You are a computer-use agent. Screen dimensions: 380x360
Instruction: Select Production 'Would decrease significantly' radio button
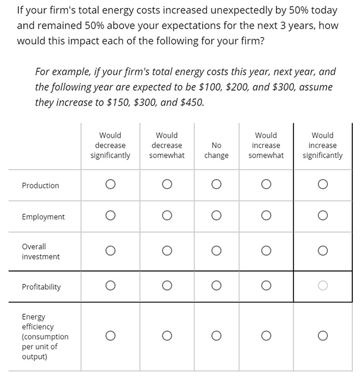[x=110, y=184]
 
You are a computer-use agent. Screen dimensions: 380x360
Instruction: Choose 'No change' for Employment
[x=216, y=216]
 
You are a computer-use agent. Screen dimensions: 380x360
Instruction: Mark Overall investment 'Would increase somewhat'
[x=266, y=251]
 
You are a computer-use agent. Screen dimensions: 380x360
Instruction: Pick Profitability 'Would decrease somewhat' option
[x=167, y=286]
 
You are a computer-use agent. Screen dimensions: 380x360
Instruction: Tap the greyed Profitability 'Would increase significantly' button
[x=323, y=286]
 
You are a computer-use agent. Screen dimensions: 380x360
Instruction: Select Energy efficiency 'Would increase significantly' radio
[x=323, y=336]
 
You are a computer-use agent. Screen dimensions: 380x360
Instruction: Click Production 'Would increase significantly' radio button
[x=323, y=184]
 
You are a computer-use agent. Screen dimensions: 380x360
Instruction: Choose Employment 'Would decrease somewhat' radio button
[x=167, y=216]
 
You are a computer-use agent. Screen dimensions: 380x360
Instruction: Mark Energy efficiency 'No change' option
[x=216, y=336]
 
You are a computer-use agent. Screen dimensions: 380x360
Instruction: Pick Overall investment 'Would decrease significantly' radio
[x=110, y=251]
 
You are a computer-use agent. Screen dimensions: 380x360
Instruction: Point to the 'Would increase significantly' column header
[x=323, y=145]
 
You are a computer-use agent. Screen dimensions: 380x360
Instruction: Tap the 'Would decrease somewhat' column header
[x=167, y=145]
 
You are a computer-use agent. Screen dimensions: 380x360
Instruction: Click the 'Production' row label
[x=40, y=186]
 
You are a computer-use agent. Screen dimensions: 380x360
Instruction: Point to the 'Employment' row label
[x=43, y=217]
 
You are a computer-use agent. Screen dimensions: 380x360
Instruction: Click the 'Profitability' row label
[x=42, y=287]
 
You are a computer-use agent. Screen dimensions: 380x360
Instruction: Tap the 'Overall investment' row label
[x=41, y=252]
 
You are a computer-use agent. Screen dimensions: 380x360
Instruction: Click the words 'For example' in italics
[x=60, y=72]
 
